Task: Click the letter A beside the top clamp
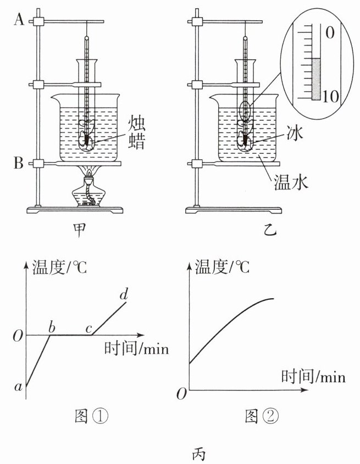click(x=19, y=21)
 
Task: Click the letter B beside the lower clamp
click(x=19, y=163)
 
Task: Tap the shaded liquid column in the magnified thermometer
click(x=315, y=79)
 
